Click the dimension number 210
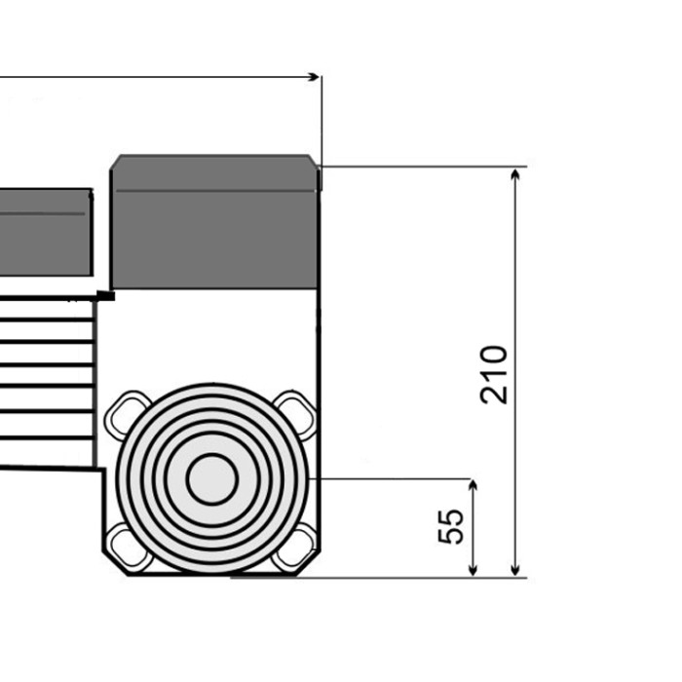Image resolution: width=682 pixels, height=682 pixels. coord(494,375)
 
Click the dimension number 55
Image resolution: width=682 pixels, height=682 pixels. coord(450,526)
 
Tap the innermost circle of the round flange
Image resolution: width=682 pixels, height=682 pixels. coord(212,479)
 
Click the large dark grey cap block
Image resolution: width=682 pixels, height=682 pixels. coord(214,221)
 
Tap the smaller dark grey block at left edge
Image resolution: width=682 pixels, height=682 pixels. coord(46,232)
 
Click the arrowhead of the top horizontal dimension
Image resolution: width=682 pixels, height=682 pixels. coord(313,77)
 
